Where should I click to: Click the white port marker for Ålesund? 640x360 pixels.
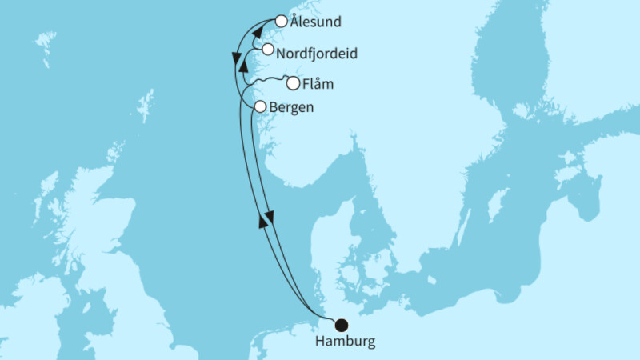point(281,22)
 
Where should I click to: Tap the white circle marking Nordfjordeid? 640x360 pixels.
point(267,50)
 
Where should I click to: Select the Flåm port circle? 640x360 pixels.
point(294,83)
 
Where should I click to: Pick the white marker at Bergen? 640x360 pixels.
point(259,106)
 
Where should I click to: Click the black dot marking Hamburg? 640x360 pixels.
point(342,325)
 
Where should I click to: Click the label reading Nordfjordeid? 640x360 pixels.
point(316,54)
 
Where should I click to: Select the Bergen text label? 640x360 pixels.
point(293,107)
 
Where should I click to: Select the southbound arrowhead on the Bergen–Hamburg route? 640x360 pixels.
point(270,216)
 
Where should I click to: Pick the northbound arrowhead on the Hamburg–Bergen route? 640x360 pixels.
point(263,222)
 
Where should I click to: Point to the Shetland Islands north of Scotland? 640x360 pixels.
point(145,105)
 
